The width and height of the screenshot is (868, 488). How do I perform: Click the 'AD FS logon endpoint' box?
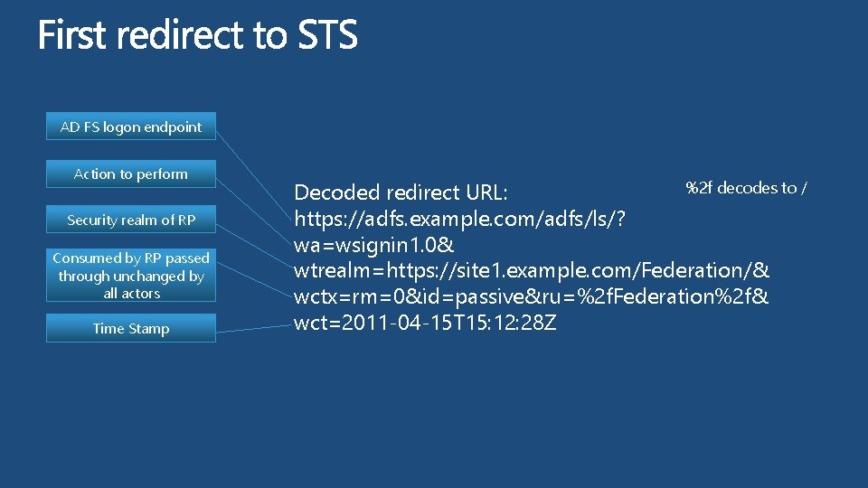131,127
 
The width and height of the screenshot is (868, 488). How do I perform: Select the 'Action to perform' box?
131,174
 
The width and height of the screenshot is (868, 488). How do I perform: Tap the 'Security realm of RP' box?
131,221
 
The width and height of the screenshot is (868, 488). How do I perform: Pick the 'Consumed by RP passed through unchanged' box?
131,276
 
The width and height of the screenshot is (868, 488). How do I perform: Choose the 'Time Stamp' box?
131,329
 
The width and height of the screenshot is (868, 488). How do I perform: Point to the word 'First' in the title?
72,36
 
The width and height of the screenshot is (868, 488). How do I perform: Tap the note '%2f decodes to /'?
746,188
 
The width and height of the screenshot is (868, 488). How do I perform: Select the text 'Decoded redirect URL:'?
401,193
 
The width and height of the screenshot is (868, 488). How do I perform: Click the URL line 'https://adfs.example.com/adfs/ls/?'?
462,219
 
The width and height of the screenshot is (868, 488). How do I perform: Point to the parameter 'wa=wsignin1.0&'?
374,245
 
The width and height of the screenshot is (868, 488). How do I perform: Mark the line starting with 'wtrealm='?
532,270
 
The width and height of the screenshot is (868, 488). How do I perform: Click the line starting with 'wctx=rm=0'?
532,296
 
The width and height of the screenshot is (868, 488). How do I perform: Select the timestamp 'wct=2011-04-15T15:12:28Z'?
425,323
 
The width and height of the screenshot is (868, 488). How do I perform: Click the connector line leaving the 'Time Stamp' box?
253,329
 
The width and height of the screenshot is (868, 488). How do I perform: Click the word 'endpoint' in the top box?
172,127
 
